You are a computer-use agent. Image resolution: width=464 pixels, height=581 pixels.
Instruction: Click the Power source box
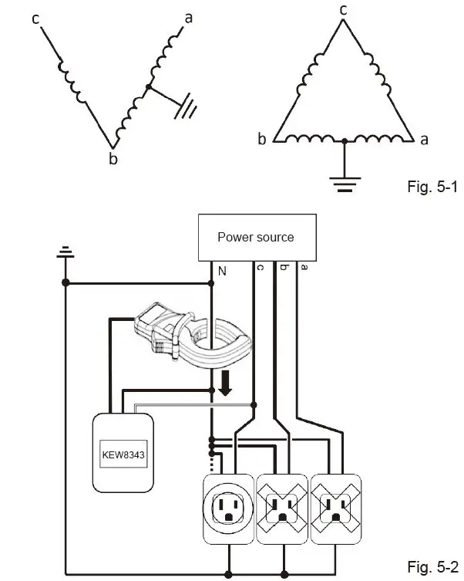tap(257, 238)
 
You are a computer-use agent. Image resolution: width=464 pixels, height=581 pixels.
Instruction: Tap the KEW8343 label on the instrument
tap(123, 454)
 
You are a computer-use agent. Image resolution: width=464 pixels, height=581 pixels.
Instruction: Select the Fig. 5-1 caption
tap(432, 187)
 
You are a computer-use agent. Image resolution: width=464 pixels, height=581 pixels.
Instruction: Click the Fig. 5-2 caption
tap(432, 567)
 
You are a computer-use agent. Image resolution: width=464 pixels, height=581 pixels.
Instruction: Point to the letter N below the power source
tap(222, 272)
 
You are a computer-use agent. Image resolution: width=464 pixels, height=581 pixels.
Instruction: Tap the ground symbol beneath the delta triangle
tap(345, 184)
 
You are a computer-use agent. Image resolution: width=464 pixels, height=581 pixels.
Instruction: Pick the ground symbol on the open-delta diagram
tap(186, 106)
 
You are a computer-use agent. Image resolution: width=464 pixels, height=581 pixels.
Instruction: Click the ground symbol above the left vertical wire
tap(65, 252)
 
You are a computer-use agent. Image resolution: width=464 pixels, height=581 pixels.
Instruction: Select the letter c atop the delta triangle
tap(343, 10)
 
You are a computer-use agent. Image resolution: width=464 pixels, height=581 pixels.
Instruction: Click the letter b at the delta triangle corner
tap(262, 139)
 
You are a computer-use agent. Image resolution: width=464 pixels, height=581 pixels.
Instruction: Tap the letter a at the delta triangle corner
tap(424, 140)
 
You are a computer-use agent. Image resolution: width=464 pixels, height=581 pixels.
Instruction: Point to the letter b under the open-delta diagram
tap(113, 159)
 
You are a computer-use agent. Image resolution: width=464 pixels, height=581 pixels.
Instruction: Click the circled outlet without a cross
tap(228, 508)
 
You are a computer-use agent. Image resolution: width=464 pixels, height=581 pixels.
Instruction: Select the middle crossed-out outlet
tap(282, 508)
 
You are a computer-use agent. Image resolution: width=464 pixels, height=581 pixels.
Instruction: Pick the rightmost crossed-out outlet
tap(335, 508)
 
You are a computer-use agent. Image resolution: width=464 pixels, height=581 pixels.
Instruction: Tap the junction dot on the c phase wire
tap(254, 405)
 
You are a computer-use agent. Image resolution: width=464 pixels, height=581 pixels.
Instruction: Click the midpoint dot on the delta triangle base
tap(345, 141)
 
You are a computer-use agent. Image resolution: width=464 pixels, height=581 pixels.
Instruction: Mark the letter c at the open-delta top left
tap(35, 19)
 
